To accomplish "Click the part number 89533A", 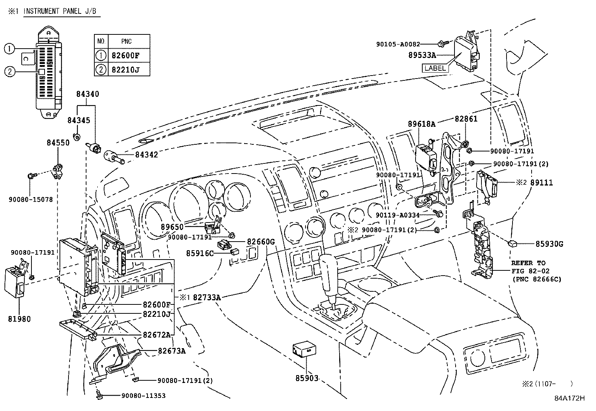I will (x=422, y=55).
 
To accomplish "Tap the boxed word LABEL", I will (x=435, y=68).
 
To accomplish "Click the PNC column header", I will (x=127, y=42).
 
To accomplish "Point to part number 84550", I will (x=58, y=142).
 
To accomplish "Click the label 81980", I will (x=19, y=319).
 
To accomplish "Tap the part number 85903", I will (x=307, y=378).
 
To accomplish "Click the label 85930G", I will (x=549, y=244).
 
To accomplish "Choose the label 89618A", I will (x=422, y=124).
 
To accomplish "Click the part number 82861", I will (x=466, y=119).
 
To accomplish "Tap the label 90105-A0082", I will (x=398, y=44).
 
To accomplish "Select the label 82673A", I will (x=172, y=351).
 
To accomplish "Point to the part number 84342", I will (x=146, y=154).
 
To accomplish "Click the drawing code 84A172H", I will (x=569, y=398).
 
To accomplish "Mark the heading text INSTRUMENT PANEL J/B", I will (x=60, y=11).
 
